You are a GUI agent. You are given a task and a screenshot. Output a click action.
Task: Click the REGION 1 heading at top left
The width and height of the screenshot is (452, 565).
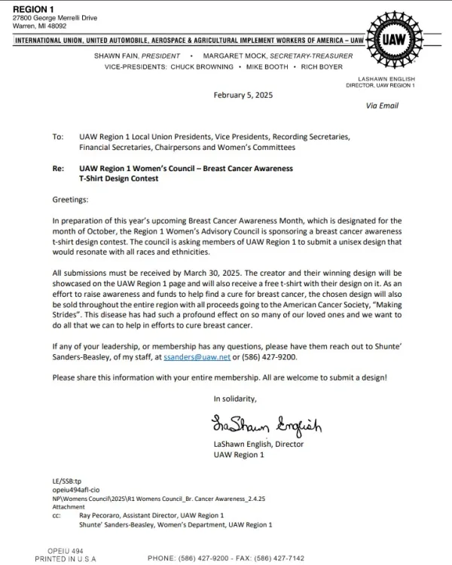(34, 8)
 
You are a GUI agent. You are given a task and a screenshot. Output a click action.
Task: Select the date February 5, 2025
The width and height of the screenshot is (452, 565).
(239, 95)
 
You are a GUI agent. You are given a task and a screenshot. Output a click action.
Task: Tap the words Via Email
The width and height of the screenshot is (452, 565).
(382, 106)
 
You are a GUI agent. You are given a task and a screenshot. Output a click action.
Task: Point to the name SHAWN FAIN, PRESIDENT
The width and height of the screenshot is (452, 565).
(136, 56)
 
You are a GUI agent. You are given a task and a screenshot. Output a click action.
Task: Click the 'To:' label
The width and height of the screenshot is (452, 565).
(58, 137)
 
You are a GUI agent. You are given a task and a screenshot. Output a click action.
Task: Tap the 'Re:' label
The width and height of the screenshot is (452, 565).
(58, 169)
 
